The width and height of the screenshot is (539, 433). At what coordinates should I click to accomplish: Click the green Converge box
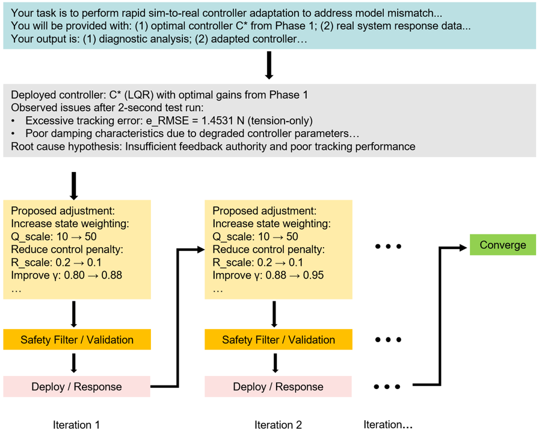pos(502,245)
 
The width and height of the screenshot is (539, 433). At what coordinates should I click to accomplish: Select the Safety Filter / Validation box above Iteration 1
pos(77,340)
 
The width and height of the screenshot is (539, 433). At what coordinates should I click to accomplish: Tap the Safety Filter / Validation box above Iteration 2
pos(278,340)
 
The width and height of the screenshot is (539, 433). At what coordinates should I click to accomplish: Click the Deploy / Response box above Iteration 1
pos(77,387)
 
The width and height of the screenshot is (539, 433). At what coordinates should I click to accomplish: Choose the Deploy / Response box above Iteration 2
pos(278,387)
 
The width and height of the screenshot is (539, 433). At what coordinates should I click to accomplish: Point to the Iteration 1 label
pos(76,425)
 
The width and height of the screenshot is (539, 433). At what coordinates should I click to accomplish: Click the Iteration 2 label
pos(278,425)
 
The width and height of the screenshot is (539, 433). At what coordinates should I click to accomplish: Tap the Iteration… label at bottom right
pos(388,425)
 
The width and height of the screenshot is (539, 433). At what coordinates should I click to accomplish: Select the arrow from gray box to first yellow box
pos(73,185)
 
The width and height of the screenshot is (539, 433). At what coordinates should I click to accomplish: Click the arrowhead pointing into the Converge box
pos(464,245)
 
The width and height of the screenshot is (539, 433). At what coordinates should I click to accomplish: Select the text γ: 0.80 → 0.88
pos(66,275)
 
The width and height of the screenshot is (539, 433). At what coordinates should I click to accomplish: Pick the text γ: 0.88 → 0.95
pos(268,275)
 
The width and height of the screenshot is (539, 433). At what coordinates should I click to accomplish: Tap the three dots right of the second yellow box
pos(388,247)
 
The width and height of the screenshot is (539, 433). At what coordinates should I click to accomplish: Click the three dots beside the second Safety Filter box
pos(388,340)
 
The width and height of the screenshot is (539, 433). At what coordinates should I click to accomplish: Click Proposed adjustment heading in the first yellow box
pos(63,211)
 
